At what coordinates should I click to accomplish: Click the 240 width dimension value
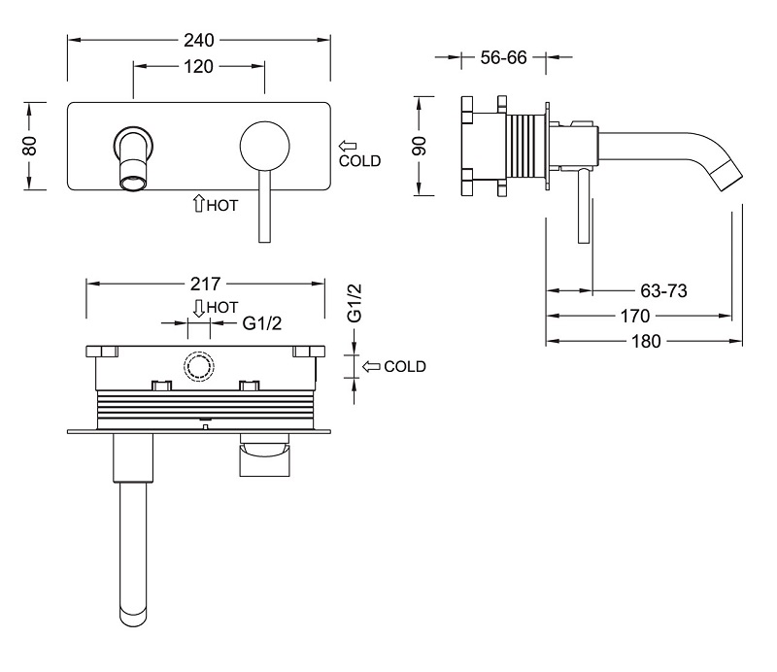[x=199, y=40]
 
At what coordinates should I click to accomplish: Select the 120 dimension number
[x=198, y=66]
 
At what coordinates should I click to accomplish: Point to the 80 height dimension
[x=30, y=146]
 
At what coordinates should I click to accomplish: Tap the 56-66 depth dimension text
[x=503, y=57]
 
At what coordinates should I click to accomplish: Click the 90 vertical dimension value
[x=420, y=146]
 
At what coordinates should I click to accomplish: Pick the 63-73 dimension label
[x=663, y=291]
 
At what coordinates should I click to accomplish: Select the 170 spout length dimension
[x=635, y=316]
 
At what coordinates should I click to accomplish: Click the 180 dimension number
[x=646, y=341]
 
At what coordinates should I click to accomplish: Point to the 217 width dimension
[x=205, y=284]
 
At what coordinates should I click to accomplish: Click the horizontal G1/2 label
[x=261, y=323]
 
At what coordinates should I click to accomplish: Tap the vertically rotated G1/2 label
[x=355, y=303]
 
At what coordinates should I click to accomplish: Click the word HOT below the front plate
[x=222, y=205]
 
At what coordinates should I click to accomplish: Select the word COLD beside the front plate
[x=359, y=161]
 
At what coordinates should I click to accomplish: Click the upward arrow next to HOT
[x=198, y=203]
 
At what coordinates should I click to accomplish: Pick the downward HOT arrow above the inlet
[x=199, y=308]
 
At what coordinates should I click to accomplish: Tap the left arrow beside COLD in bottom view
[x=371, y=367]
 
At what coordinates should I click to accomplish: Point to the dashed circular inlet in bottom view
[x=199, y=367]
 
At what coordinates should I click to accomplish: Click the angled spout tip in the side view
[x=730, y=175]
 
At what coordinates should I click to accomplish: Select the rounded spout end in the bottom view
[x=134, y=618]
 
